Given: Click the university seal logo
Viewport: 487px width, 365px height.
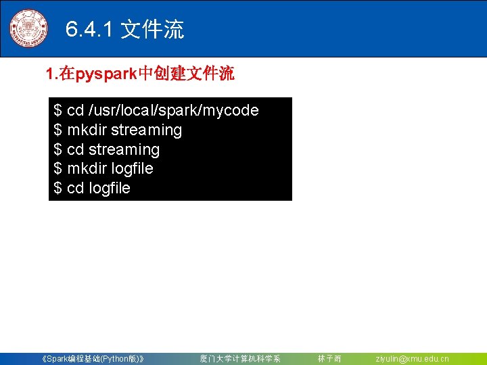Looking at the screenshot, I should (x=28, y=28).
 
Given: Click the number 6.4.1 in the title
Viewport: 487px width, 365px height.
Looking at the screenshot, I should (x=90, y=30).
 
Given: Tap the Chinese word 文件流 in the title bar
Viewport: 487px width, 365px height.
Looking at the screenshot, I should (x=152, y=30).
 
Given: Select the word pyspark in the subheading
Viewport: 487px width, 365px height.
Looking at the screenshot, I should (x=107, y=74).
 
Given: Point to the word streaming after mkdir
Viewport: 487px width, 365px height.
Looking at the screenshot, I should (x=146, y=130).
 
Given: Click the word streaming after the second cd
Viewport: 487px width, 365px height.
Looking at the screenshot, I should (x=124, y=149).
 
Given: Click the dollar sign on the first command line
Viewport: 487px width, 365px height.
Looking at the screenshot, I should (x=58, y=110).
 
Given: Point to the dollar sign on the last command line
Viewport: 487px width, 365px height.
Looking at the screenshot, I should (x=58, y=188).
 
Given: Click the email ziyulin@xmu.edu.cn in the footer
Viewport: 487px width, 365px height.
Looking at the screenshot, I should (x=412, y=359).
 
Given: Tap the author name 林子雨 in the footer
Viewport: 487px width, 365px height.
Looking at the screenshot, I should (x=329, y=359).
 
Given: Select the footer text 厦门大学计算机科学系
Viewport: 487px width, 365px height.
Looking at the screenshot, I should (x=239, y=359).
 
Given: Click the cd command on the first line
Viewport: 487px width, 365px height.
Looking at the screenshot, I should (x=75, y=110).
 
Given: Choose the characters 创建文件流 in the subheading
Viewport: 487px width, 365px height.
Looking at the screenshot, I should (x=194, y=74).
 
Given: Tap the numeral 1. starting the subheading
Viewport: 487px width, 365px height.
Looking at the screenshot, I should (x=51, y=74).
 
